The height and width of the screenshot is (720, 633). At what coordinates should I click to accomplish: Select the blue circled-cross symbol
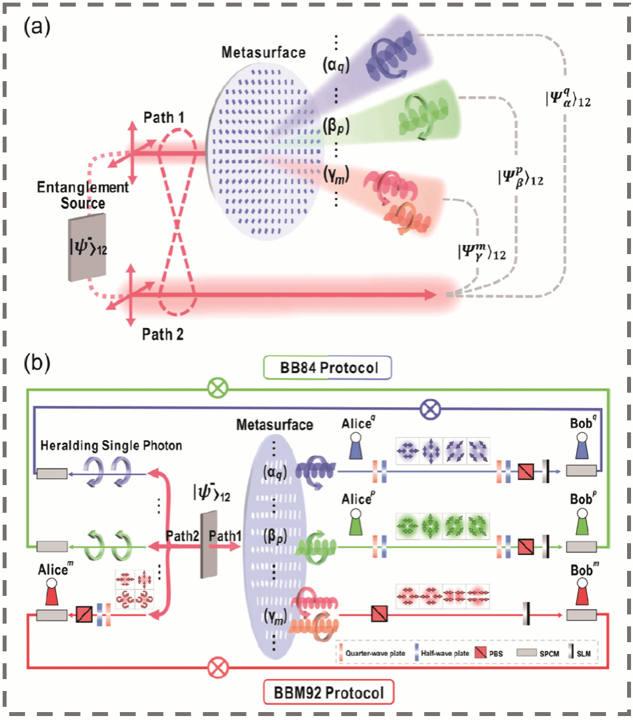430,410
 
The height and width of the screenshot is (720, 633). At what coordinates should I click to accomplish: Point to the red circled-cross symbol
215,669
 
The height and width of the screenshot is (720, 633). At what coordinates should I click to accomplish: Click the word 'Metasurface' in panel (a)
264,52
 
